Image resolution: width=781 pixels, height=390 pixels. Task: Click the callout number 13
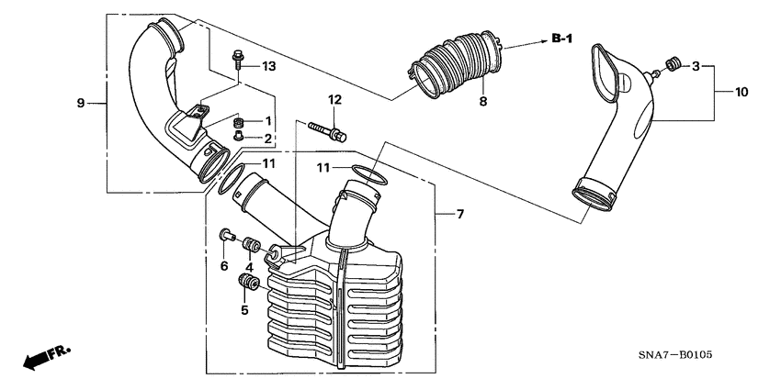click(x=268, y=66)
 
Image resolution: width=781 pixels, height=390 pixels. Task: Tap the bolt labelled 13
click(x=239, y=61)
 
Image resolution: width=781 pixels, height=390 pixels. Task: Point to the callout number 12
click(x=334, y=99)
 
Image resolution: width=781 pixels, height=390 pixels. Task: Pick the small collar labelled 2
click(x=239, y=138)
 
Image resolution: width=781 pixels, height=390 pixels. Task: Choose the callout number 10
click(x=741, y=91)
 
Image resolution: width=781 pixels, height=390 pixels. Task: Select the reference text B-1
click(x=562, y=38)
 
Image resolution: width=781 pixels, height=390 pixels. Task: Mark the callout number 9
click(x=80, y=102)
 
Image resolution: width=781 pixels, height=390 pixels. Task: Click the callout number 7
click(x=461, y=214)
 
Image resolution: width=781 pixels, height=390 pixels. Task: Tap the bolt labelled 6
click(x=224, y=237)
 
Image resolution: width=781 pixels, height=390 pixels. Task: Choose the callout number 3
click(x=696, y=66)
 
